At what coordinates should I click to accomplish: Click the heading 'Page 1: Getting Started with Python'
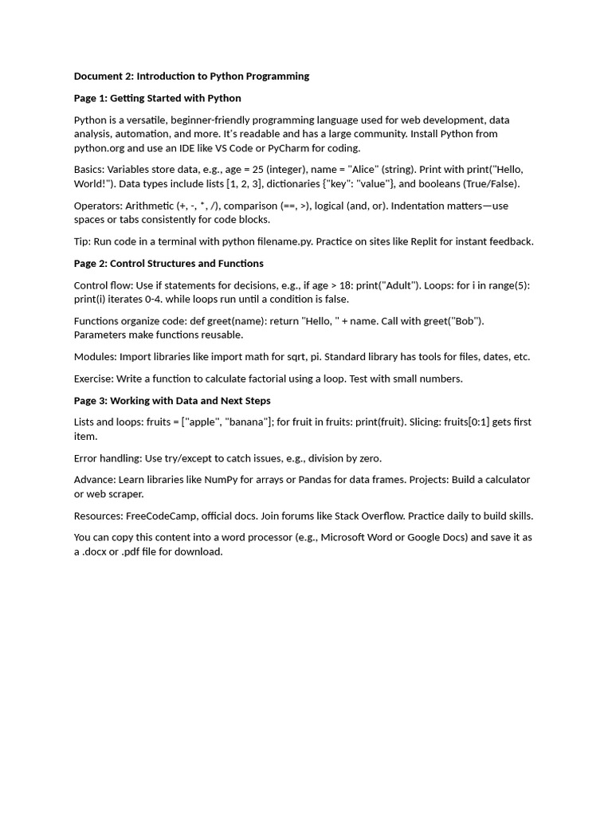click(x=157, y=98)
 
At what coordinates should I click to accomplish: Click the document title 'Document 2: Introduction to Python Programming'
click(x=191, y=76)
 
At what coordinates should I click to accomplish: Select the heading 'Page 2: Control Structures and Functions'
click(x=168, y=263)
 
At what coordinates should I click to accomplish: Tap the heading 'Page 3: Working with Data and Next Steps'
click(x=172, y=400)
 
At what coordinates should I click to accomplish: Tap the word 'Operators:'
click(x=98, y=206)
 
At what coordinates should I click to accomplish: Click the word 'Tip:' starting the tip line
click(x=84, y=241)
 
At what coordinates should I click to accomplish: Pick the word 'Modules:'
click(x=95, y=357)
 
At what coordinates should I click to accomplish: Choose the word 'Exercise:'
click(x=96, y=379)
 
